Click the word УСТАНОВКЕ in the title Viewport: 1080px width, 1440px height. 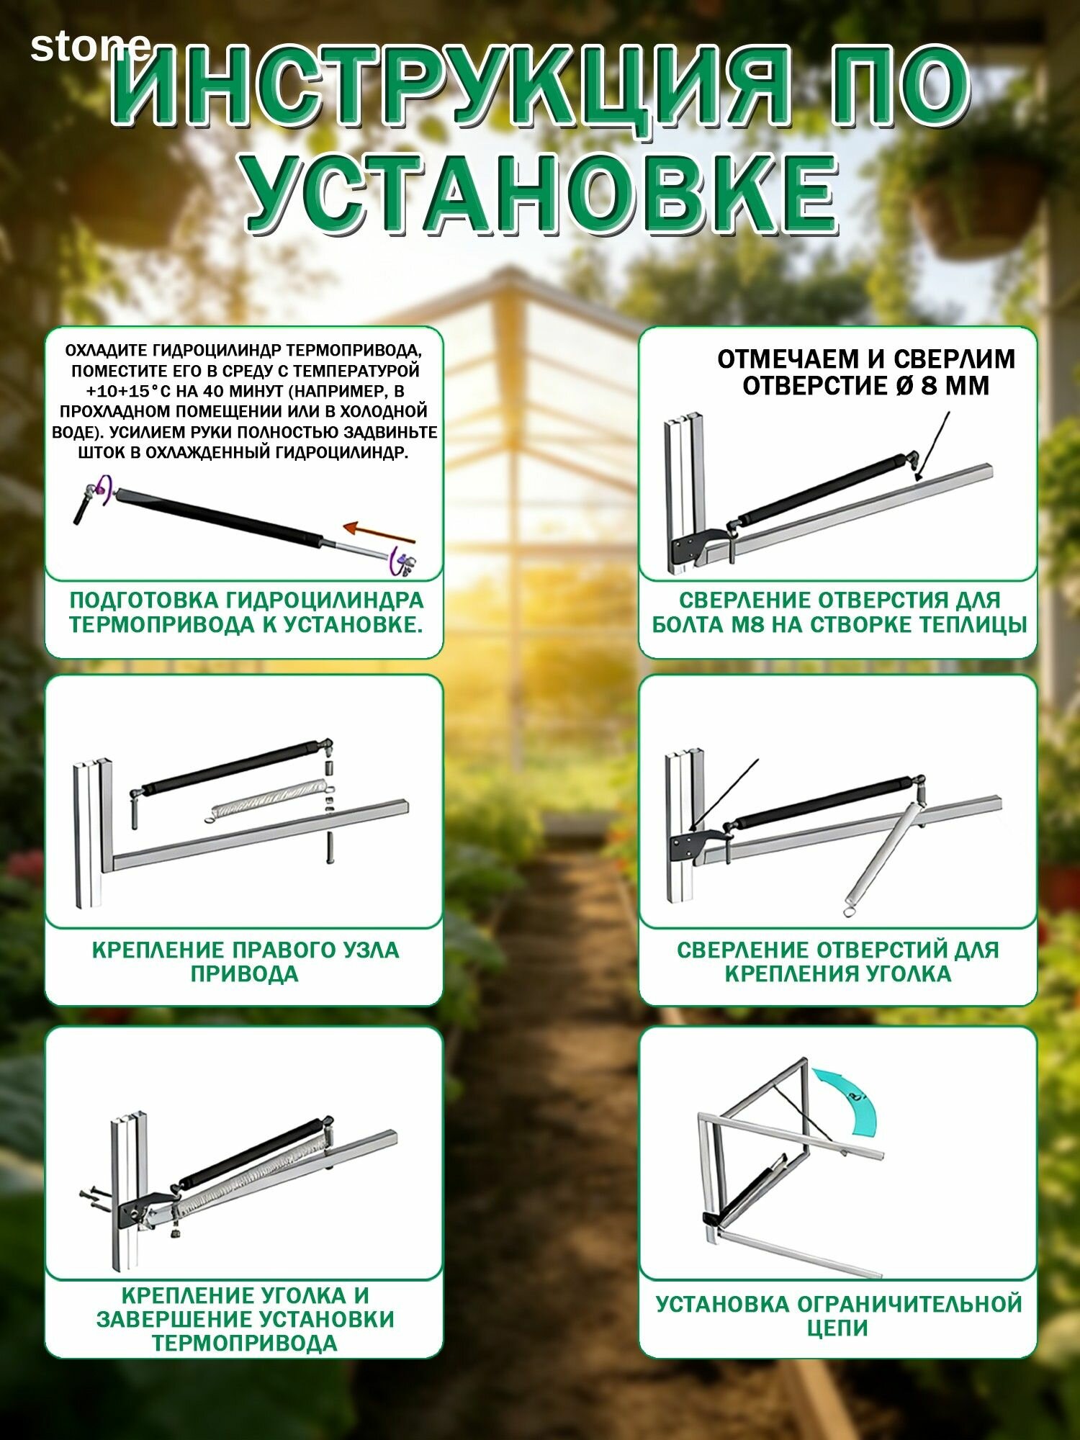[x=541, y=194]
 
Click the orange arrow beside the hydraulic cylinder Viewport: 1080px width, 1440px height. [x=379, y=533]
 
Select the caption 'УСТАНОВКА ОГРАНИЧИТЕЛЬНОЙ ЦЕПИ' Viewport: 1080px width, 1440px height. [x=839, y=1315]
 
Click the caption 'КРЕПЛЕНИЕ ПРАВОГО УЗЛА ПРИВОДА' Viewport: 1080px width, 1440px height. [x=245, y=962]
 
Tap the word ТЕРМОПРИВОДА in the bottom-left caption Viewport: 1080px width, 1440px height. [x=245, y=1344]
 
